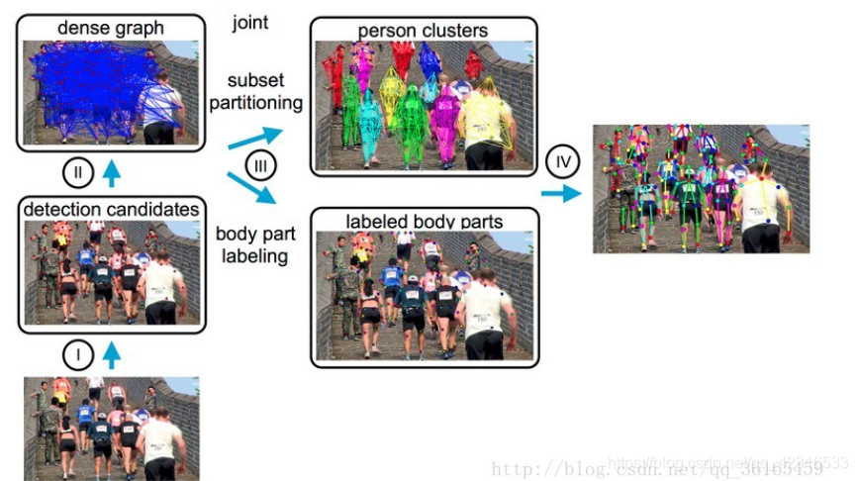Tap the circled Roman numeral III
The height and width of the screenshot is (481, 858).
point(260,165)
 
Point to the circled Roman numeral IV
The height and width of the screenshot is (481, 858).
point(559,160)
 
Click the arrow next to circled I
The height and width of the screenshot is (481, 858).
point(112,353)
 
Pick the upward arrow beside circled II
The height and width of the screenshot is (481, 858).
point(112,174)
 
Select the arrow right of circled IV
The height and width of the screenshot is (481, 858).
point(561,193)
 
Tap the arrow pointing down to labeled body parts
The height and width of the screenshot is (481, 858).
point(251,188)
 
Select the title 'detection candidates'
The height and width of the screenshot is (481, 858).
point(110,209)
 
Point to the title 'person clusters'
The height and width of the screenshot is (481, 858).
point(423,31)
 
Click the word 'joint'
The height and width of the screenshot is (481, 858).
point(251,21)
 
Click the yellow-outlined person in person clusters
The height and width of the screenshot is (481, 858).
point(485,124)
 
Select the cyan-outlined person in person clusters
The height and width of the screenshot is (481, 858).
point(370,124)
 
